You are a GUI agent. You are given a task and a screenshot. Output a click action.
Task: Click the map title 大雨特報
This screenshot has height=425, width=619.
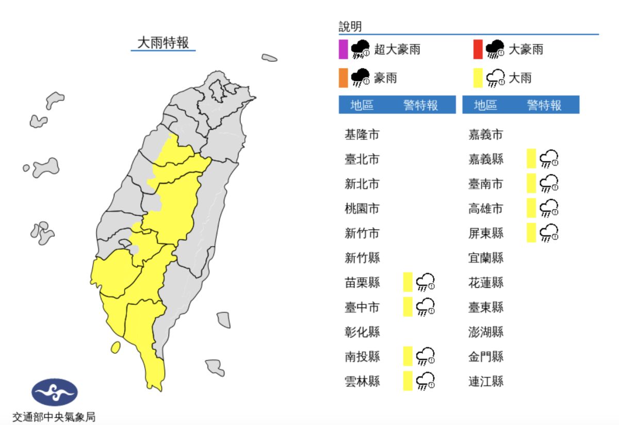[x=162, y=42]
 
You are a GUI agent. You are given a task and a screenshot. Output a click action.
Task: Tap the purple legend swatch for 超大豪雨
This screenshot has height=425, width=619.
[x=343, y=50]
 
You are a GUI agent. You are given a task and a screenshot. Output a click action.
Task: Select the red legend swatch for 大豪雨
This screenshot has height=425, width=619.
[x=478, y=50]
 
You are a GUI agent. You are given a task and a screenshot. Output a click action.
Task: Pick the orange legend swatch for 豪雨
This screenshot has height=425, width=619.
[x=343, y=78]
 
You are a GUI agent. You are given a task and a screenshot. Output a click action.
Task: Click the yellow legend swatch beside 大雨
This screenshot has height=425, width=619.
[x=478, y=78]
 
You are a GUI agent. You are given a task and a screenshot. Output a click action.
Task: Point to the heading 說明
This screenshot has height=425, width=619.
[x=350, y=27]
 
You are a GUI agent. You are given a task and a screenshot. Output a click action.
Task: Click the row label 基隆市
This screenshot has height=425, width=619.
[x=362, y=135]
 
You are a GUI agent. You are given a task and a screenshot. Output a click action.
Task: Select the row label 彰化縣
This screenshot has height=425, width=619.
[x=362, y=332]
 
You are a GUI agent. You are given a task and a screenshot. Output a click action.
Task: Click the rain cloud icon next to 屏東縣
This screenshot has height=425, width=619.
[x=549, y=233]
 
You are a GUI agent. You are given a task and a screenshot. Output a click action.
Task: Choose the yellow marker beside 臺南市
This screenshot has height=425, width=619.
[x=531, y=183]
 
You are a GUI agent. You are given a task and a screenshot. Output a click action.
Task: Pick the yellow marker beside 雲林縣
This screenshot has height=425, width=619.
[x=408, y=381]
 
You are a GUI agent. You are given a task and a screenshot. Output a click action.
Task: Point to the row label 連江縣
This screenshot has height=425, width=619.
[x=485, y=381]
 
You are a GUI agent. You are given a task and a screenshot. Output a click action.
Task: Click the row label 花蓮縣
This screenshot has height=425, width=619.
[x=485, y=282]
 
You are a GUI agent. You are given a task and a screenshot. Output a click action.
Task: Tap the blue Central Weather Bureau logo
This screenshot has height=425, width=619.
[x=54, y=392]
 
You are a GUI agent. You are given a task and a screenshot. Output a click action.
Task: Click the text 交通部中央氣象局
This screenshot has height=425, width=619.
[x=54, y=417]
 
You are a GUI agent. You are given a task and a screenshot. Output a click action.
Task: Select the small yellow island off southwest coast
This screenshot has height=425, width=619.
[x=116, y=347]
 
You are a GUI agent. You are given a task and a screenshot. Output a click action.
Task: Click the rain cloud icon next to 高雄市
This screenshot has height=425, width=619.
[x=549, y=208]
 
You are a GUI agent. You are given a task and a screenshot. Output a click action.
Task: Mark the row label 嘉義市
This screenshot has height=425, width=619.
[x=485, y=135]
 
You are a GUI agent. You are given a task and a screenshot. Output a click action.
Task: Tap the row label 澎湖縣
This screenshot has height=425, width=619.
[x=485, y=332]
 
